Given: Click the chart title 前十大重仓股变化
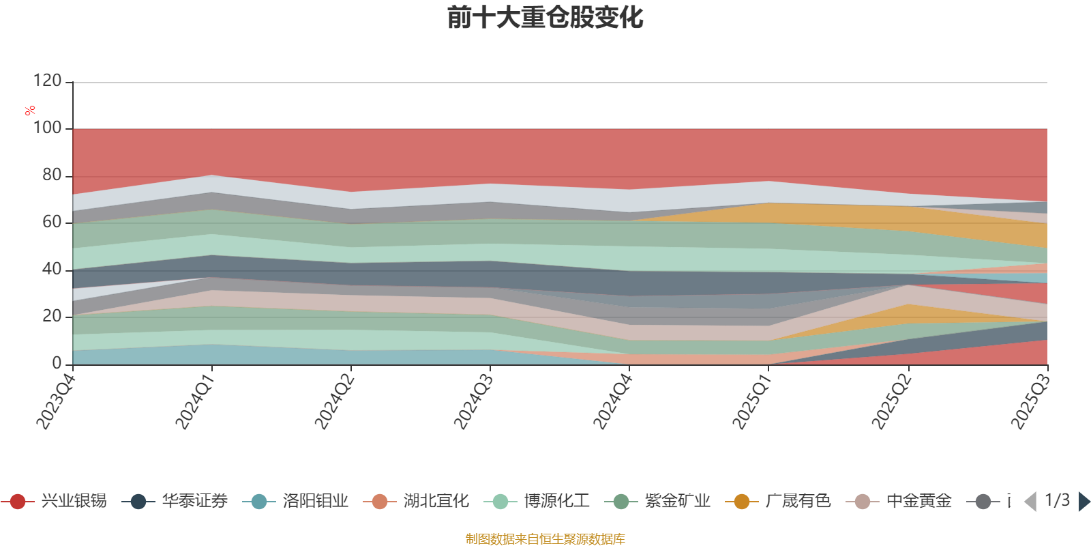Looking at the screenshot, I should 545,18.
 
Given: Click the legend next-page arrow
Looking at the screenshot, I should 1083,502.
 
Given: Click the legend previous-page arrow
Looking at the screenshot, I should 1030,502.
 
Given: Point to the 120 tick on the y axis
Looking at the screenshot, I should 48,81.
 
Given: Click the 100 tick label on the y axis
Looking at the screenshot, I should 48,128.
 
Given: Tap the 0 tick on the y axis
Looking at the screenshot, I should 57,364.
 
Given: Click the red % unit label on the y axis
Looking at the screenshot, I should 30,111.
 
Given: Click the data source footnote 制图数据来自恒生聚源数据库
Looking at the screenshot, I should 545,539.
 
